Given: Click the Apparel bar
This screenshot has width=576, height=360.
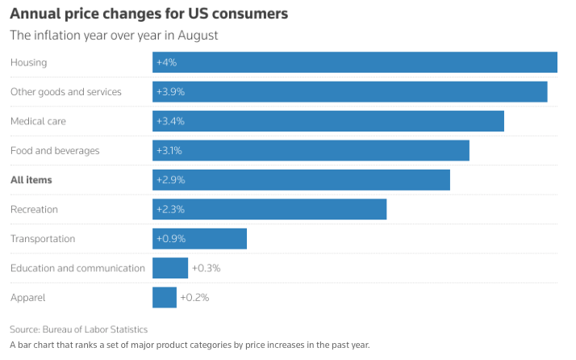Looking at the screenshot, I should [165, 297].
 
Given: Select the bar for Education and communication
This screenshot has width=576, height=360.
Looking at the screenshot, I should [170, 268].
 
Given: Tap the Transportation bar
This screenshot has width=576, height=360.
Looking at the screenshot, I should [199, 238].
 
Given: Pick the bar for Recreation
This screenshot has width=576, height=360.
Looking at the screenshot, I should [269, 209].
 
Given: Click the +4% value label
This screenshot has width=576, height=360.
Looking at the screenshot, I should [166, 63].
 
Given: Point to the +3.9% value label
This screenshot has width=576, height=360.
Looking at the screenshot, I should [170, 92].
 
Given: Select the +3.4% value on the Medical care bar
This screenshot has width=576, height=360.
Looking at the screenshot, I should [170, 121].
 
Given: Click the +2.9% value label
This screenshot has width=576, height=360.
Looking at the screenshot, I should [170, 180].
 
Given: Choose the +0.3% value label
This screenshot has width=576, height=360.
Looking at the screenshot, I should [206, 268].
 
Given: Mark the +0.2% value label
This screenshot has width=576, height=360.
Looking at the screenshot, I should [194, 297].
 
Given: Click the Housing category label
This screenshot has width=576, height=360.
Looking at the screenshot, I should [29, 63].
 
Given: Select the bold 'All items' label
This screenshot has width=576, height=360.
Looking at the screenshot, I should [31, 180].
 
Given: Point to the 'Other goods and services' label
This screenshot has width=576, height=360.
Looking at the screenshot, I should [66, 92].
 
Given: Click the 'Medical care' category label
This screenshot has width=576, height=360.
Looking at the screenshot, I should [39, 121].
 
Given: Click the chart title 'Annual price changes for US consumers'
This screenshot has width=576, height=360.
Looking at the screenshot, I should [149, 15].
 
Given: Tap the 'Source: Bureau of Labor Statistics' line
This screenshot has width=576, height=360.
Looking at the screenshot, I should [79, 329].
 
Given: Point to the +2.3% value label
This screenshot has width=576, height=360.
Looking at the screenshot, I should [170, 209].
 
